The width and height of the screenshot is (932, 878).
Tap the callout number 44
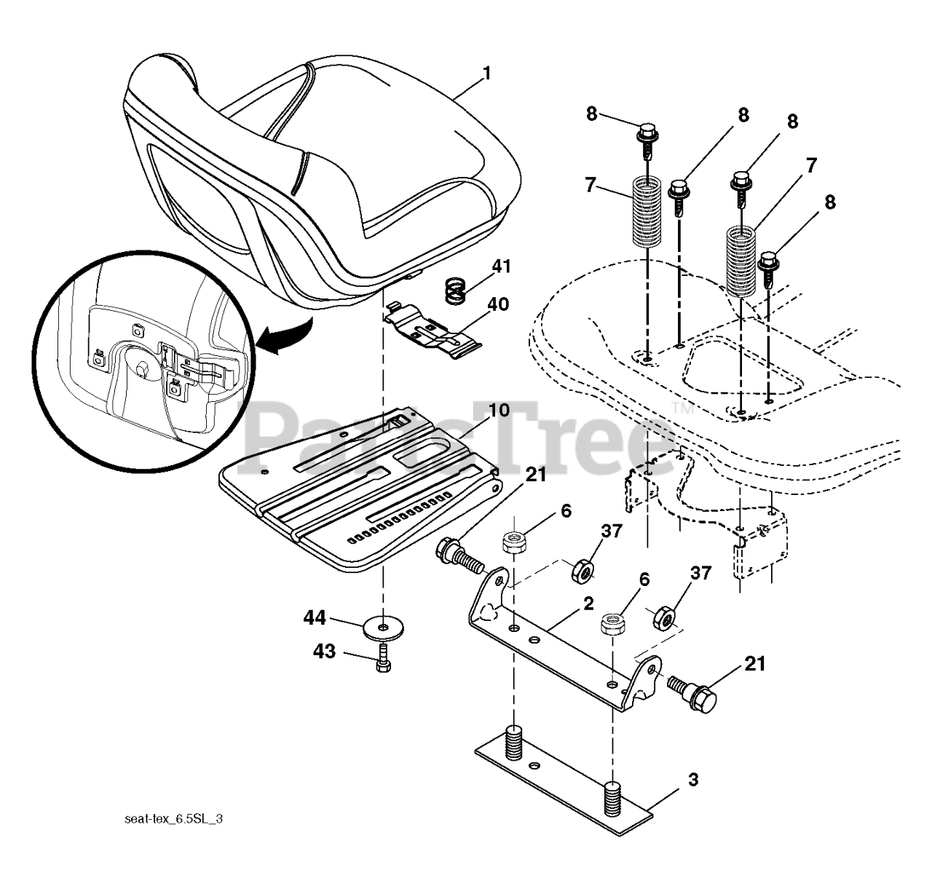pyautogui.click(x=315, y=619)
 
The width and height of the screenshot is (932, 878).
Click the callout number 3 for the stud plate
pyautogui.click(x=693, y=780)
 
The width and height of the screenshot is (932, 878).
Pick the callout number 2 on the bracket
pyautogui.click(x=588, y=603)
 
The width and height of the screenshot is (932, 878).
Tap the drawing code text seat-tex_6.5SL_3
pyautogui.click(x=173, y=819)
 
